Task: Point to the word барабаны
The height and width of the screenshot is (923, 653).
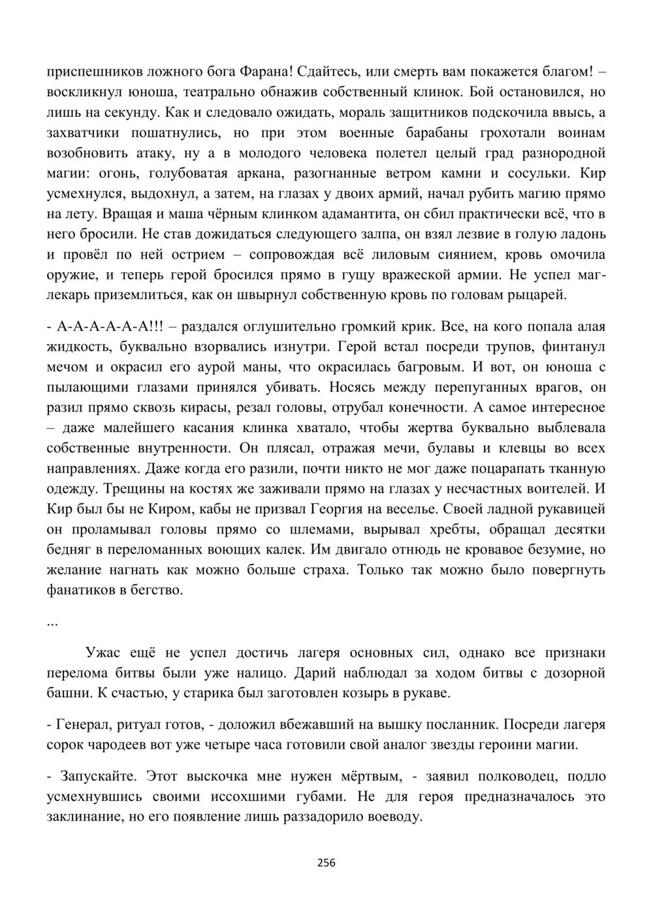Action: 444,133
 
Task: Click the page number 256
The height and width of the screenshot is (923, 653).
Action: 326,863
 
